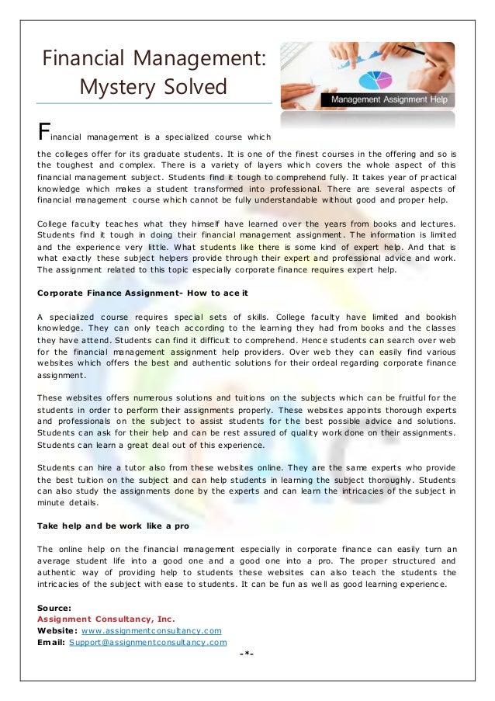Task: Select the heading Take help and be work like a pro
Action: click(113, 525)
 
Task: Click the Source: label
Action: click(54, 608)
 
